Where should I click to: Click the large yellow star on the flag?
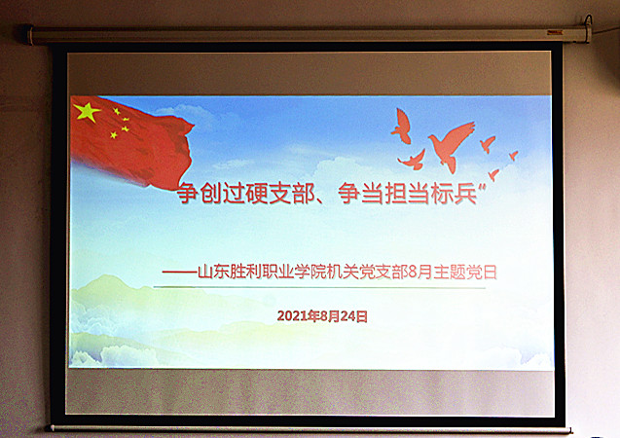pyautogui.click(x=87, y=112)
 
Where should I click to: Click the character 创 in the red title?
pyautogui.click(x=211, y=193)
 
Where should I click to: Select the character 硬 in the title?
pyautogui.click(x=257, y=193)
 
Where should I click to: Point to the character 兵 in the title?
pyautogui.click(x=465, y=193)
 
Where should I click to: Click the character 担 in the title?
pyautogui.click(x=396, y=193)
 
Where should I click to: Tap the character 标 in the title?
pyautogui.click(x=442, y=193)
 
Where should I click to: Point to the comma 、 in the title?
pyautogui.click(x=323, y=200)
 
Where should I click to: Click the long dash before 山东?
pyautogui.click(x=180, y=273)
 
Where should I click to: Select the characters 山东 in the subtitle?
pyautogui.click(x=213, y=273)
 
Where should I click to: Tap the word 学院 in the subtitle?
pyautogui.click(x=310, y=273)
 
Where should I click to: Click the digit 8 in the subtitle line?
pyautogui.click(x=413, y=273)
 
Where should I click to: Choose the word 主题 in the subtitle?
pyautogui.click(x=450, y=273)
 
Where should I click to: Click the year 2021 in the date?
pyautogui.click(x=293, y=316)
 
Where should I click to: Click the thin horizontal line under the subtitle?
pyautogui.click(x=319, y=287)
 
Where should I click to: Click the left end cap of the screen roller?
pyautogui.click(x=28, y=35)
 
